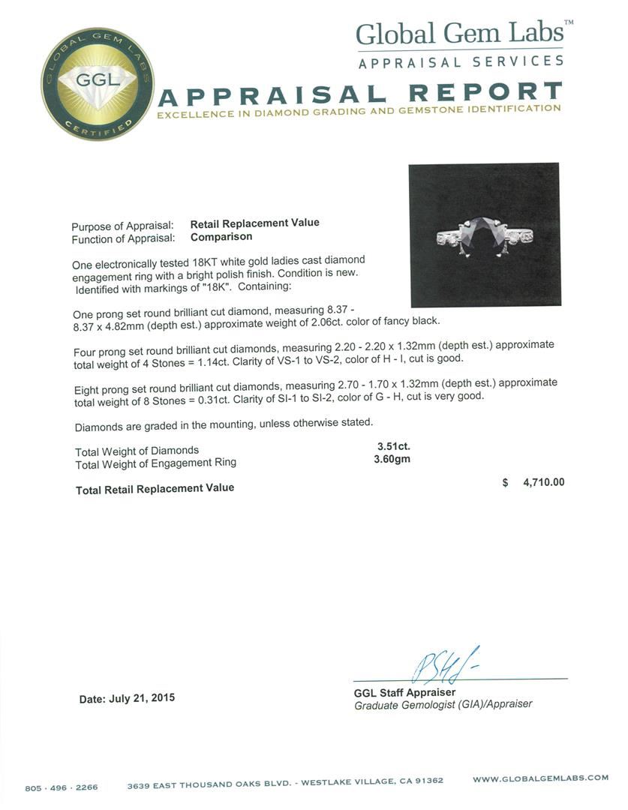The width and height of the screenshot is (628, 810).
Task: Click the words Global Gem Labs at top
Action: coord(458,34)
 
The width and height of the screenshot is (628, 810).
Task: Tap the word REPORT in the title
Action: coord(485,93)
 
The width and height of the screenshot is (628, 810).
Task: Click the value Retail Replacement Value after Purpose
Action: coord(254,223)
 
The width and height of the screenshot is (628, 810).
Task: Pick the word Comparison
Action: coord(221,237)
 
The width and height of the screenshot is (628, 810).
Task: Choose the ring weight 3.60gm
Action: coord(392,459)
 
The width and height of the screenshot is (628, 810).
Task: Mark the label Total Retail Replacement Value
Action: coord(155,488)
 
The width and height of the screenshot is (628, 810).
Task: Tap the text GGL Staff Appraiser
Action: coord(404,692)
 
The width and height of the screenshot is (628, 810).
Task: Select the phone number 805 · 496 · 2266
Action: coord(62,787)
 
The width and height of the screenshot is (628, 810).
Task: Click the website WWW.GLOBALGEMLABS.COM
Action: coord(540,778)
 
